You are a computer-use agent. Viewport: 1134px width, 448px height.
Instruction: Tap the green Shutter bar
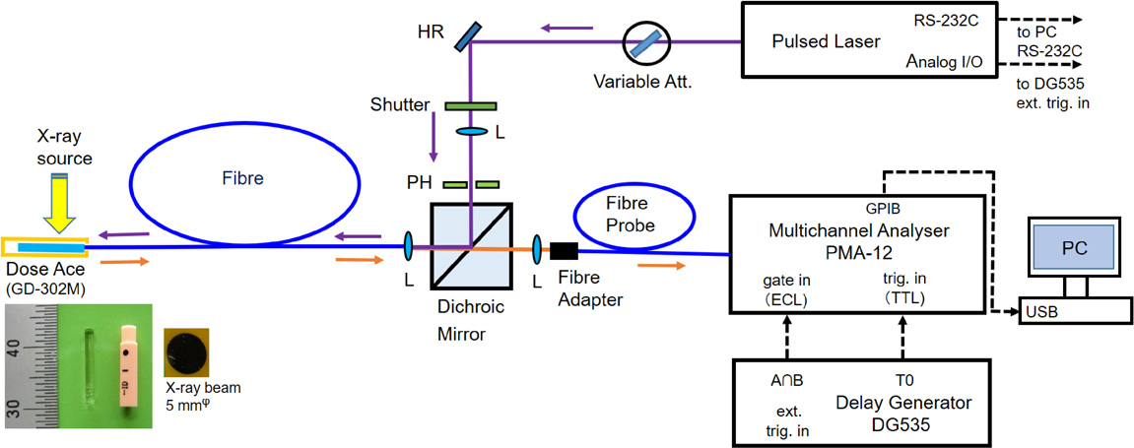tap(471, 105)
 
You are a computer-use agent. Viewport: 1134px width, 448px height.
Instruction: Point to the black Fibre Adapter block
tap(565, 250)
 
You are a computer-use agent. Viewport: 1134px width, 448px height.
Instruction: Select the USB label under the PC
tap(1041, 312)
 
